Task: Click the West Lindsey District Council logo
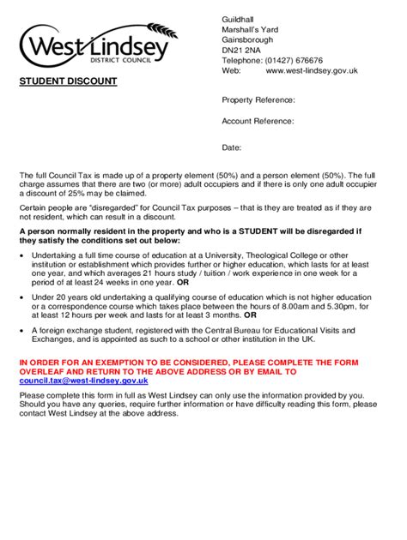[94, 48]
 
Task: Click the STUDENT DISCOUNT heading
[69, 82]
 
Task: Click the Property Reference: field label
[258, 100]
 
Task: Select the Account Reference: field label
[258, 123]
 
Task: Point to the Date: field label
[232, 147]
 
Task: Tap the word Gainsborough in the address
[249, 40]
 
